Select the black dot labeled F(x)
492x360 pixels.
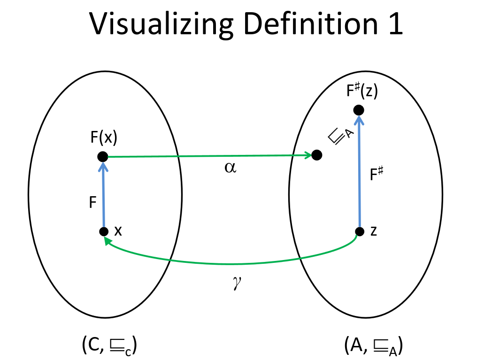tap(102, 157)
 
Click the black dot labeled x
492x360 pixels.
tap(104, 231)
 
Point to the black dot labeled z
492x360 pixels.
tap(360, 231)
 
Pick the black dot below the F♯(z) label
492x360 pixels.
tap(359, 110)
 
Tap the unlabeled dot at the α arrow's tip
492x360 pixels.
tap(317, 155)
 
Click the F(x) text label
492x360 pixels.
tap(104, 138)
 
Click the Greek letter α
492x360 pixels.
tap(230, 168)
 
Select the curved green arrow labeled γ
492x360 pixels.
tap(230, 263)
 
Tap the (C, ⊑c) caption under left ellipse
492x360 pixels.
tap(109, 346)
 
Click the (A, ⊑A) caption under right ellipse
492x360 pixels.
tap(373, 346)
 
